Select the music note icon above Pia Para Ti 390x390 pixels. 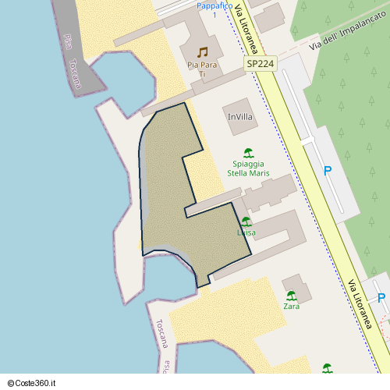tap(202, 51)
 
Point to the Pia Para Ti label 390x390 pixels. tap(202, 69)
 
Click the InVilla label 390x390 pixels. tap(240, 116)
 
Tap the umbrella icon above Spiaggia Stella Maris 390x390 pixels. tap(248, 153)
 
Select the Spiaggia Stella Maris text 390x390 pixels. tap(248, 168)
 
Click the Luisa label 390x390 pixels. tap(246, 232)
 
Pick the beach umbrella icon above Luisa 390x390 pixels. tap(246, 222)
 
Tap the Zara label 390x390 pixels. tap(292, 307)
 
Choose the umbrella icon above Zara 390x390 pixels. tap(292, 296)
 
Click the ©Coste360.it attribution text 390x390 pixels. tap(34, 382)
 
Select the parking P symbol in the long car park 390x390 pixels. tap(328, 171)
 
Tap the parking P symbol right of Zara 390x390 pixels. tap(381, 297)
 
